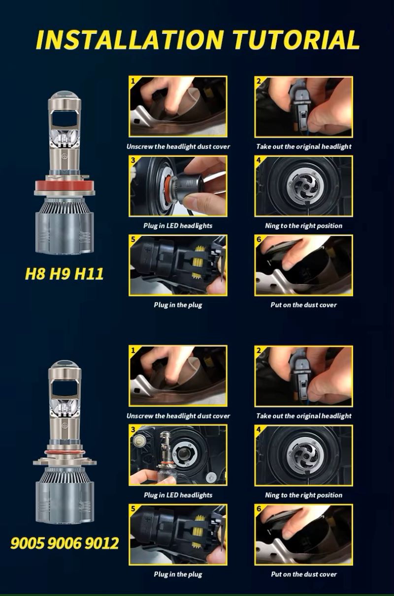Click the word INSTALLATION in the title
[x=130, y=40]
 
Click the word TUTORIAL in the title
[x=296, y=40]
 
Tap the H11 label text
[x=89, y=273]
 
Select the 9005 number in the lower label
[x=28, y=543]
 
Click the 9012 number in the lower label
[x=101, y=543]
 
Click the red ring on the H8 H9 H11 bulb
[x=64, y=184]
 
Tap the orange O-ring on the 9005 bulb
[x=64, y=452]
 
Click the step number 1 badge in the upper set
[x=133, y=80]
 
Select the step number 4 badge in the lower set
[x=259, y=429]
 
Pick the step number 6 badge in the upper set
[x=259, y=239]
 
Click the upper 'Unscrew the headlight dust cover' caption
[x=178, y=147]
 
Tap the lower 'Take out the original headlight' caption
[x=304, y=416]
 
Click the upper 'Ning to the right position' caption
[x=304, y=226]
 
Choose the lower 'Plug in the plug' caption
[x=178, y=574]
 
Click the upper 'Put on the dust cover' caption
[x=304, y=305]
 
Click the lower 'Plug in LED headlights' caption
[x=178, y=495]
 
